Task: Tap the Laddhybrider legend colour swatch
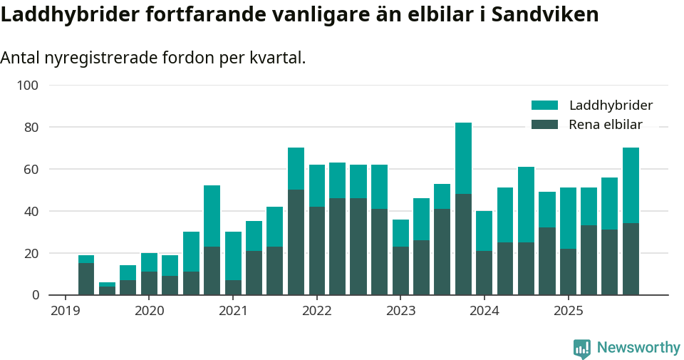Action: (x=544, y=106)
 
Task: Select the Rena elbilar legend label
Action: (x=605, y=125)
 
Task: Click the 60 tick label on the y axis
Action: (x=30, y=170)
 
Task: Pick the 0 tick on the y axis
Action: (x=34, y=295)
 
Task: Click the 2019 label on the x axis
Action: (x=65, y=311)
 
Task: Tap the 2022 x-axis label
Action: (x=316, y=311)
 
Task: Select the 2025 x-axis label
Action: (x=568, y=311)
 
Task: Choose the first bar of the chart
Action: (x=86, y=275)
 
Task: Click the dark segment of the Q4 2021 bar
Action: (x=296, y=242)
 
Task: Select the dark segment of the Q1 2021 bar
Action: (x=233, y=287)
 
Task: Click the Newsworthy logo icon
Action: (x=581, y=348)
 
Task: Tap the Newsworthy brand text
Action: (x=638, y=348)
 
